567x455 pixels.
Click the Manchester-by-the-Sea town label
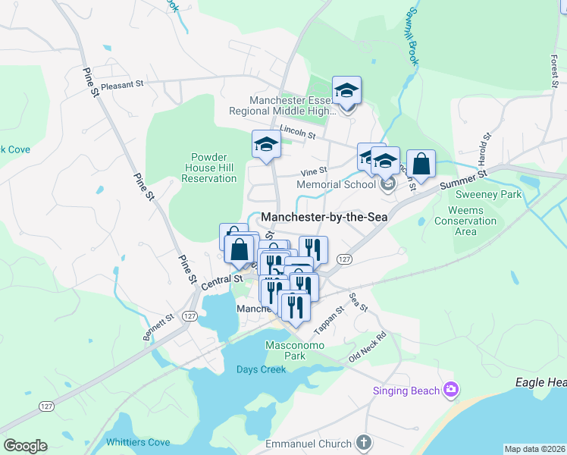pos(319,217)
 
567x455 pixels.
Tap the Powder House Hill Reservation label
pos(209,168)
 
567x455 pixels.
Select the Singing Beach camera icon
pos(451,390)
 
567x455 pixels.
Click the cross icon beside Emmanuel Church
pos(364,443)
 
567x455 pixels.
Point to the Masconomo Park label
pos(295,350)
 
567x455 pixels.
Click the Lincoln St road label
pos(296,132)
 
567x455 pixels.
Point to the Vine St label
pos(313,171)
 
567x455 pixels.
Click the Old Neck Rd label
pos(368,347)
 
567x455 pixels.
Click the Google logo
pos(25,446)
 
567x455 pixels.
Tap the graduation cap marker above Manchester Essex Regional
pos(346,91)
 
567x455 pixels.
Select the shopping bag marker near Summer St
pos(421,163)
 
